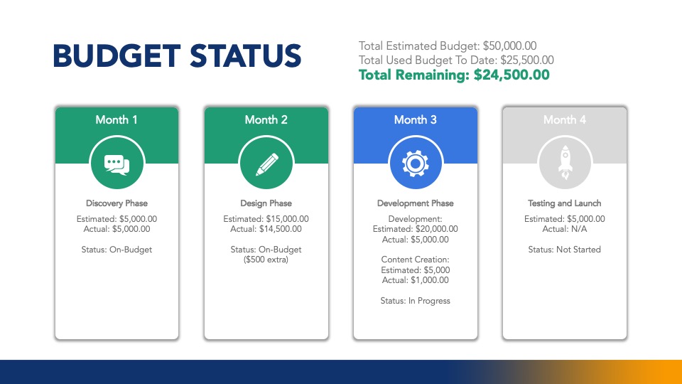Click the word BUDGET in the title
pyautogui.click(x=117, y=55)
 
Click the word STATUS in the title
pyautogui.click(x=245, y=55)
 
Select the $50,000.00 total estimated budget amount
pyautogui.click(x=510, y=46)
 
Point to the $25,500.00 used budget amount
pyautogui.click(x=527, y=60)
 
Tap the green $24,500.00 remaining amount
pyautogui.click(x=511, y=75)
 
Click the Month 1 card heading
pyautogui.click(x=117, y=119)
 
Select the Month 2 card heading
pyautogui.click(x=266, y=119)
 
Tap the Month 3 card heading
pyautogui.click(x=416, y=119)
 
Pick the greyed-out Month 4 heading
pyautogui.click(x=565, y=119)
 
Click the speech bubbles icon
pyautogui.click(x=117, y=165)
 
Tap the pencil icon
pyautogui.click(x=266, y=164)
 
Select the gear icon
pyautogui.click(x=416, y=164)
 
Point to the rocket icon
pyautogui.click(x=565, y=163)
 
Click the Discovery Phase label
pyautogui.click(x=117, y=203)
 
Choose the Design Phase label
pyautogui.click(x=266, y=203)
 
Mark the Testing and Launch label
pyautogui.click(x=565, y=203)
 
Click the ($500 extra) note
pyautogui.click(x=266, y=260)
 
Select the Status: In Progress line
pyautogui.click(x=416, y=301)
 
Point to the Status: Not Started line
pyautogui.click(x=565, y=250)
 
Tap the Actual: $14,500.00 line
pyautogui.click(x=266, y=229)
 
